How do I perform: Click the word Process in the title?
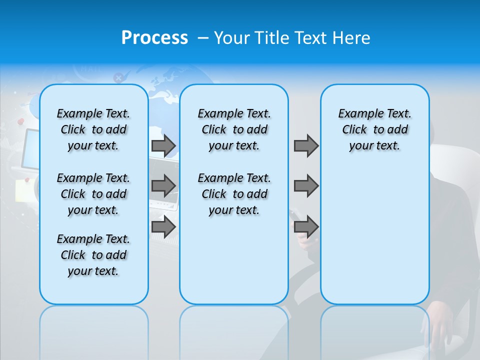coord(154,38)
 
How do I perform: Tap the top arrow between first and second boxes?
coord(163,146)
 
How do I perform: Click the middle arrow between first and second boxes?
coord(163,186)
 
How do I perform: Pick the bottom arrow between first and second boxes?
coord(163,227)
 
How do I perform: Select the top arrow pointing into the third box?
coord(306,146)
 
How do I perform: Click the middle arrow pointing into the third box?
coord(306,186)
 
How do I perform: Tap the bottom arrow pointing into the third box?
coord(306,227)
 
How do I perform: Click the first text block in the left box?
coord(93,129)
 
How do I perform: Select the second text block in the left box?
coord(93,194)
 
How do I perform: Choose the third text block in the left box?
coord(93,255)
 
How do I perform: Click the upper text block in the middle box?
coord(234,129)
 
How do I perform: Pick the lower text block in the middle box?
coord(234,194)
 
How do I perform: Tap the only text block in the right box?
coord(374,129)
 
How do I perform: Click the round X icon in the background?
coord(118,77)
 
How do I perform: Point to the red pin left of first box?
coord(21,121)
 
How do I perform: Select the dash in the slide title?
coord(203,38)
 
